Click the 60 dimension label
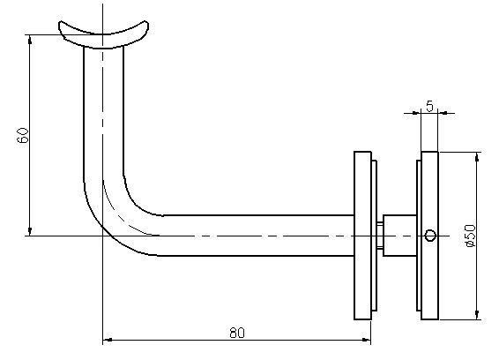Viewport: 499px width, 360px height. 23,135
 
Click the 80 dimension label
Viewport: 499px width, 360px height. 237,333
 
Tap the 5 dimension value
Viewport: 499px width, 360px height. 429,106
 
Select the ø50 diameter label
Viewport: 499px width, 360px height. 470,236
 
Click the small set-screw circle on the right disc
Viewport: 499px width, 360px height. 430,236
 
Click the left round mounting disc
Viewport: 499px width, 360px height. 363,236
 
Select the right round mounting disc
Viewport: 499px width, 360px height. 429,236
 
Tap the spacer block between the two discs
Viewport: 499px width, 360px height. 399,236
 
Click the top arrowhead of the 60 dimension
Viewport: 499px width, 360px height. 30,39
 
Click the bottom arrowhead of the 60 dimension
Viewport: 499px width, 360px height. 30,231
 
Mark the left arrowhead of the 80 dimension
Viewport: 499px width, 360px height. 108,340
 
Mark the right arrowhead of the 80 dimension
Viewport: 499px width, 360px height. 367,340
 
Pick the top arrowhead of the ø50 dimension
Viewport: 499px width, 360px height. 476,157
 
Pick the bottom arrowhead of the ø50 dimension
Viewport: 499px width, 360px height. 476,315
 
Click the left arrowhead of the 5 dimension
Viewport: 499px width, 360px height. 416,112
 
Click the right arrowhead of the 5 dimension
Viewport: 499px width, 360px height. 443,112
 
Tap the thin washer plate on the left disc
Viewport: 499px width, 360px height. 374,236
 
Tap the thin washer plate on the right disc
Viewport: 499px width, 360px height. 419,236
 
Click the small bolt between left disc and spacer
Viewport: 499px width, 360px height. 380,236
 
